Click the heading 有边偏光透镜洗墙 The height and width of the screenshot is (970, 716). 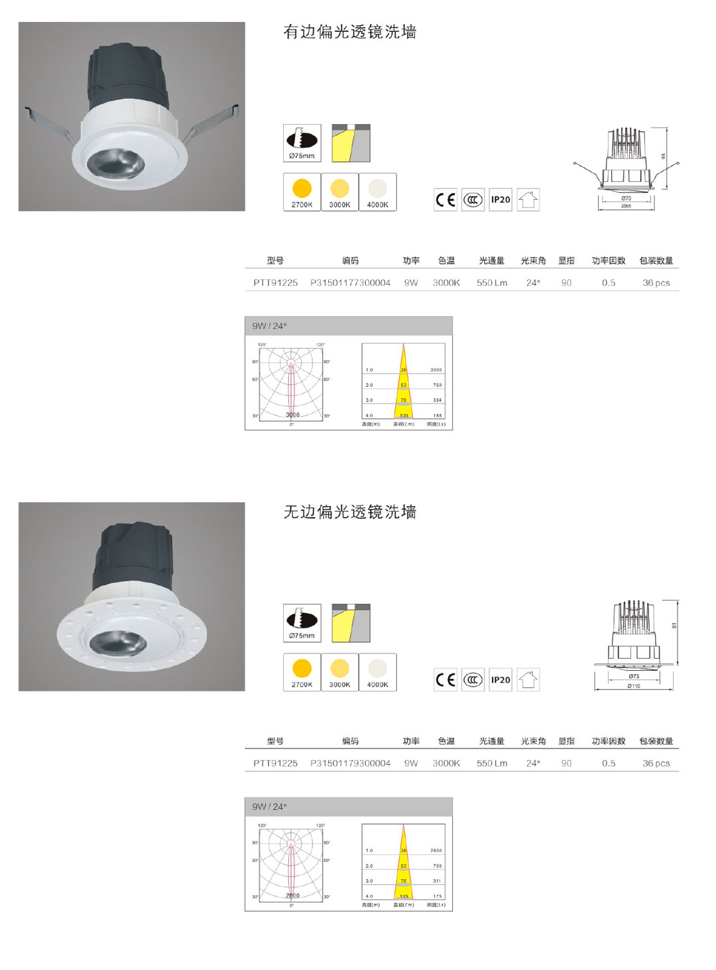point(349,32)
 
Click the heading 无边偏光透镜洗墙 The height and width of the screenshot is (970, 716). point(349,512)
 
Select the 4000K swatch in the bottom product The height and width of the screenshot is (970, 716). point(377,672)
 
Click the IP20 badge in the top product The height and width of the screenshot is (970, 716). point(501,200)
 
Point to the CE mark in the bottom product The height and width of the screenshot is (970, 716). point(446,679)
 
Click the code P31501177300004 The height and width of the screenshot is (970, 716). point(350,283)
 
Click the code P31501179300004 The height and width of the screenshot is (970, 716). point(350,763)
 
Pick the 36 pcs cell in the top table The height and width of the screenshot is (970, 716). point(656,283)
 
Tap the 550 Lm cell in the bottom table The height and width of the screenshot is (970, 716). point(491,763)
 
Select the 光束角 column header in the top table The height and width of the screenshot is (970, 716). point(533,261)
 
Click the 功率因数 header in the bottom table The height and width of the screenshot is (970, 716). point(608,741)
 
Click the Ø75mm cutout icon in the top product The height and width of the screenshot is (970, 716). point(302,143)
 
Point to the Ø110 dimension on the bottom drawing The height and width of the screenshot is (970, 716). point(634,686)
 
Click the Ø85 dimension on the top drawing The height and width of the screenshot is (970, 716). point(626,206)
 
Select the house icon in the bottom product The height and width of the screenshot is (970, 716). point(528,679)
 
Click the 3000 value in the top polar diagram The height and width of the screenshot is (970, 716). point(292,415)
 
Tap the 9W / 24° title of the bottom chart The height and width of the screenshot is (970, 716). point(269,807)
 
